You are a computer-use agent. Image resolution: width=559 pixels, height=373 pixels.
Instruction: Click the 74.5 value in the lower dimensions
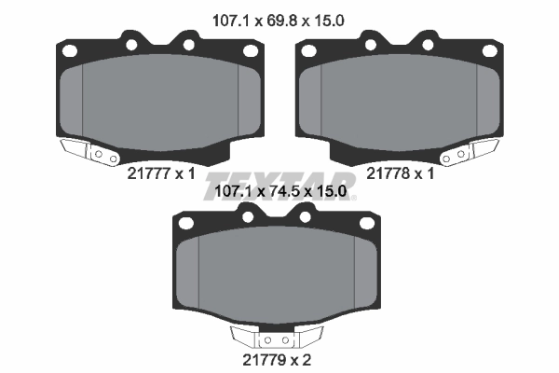point(279,191)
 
